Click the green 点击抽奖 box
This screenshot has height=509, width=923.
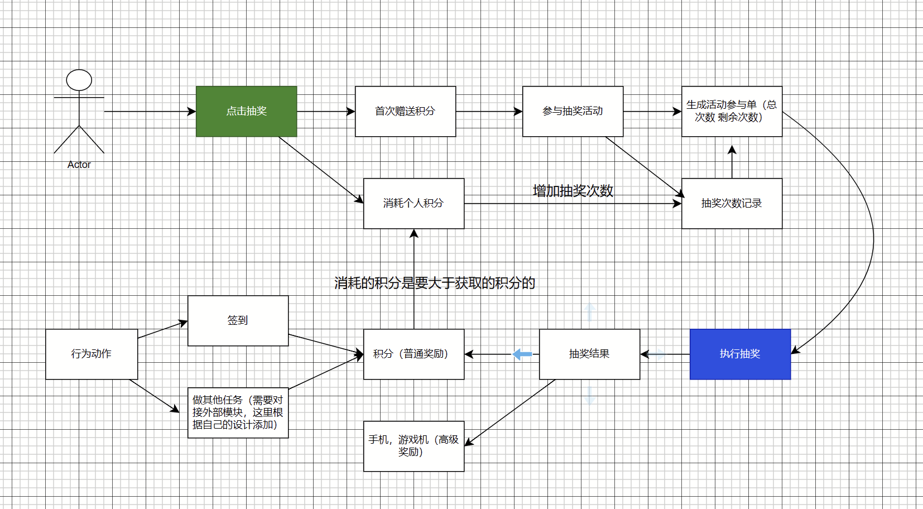(247, 111)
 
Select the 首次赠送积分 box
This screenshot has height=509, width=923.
(406, 111)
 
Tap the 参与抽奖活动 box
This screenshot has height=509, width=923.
(573, 111)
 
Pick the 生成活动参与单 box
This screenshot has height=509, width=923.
(732, 111)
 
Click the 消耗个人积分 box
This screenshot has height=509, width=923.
(414, 204)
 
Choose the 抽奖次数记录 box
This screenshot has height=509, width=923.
(732, 204)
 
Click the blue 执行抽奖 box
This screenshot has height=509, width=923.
(740, 354)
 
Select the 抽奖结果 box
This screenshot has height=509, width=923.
(590, 354)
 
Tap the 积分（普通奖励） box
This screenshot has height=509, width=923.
(414, 354)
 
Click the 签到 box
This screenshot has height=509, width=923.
(238, 321)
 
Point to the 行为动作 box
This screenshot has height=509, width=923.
(92, 354)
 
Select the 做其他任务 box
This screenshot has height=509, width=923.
(238, 412)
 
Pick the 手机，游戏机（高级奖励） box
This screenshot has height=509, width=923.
(414, 446)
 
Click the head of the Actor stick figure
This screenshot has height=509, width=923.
(79, 80)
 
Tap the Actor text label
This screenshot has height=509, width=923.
(79, 165)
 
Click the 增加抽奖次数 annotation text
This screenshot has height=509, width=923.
(573, 191)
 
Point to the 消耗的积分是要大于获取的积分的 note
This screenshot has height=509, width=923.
(434, 283)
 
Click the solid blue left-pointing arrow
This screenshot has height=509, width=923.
(522, 354)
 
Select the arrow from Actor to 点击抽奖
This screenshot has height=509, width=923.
(150, 111)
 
